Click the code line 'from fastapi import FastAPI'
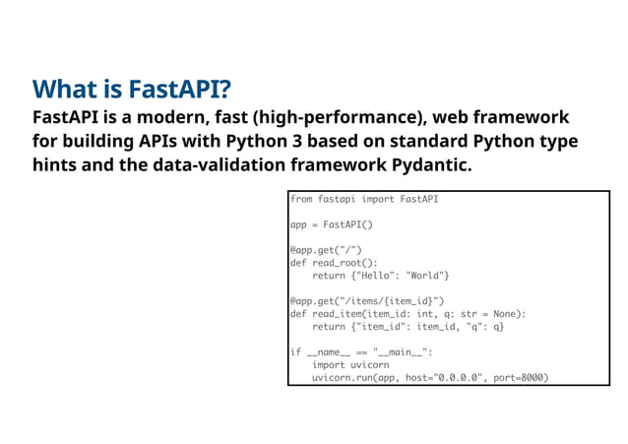pyautogui.click(x=364, y=199)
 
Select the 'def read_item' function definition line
pyautogui.click(x=408, y=314)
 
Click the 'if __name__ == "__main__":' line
pyautogui.click(x=361, y=352)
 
